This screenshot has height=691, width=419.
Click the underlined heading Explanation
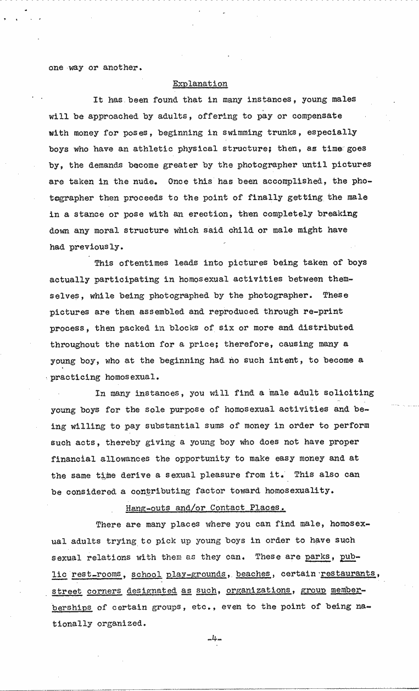point(200,84)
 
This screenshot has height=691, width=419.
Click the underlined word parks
point(318,557)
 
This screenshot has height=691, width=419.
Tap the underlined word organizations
point(258,590)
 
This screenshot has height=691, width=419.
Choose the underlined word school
point(147,574)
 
